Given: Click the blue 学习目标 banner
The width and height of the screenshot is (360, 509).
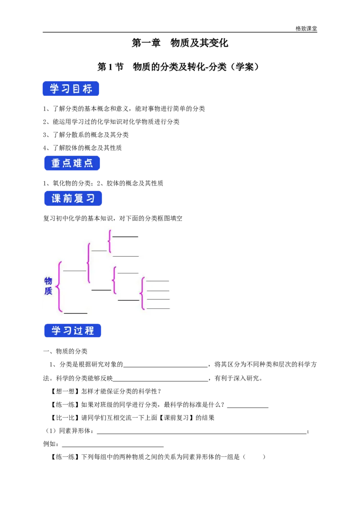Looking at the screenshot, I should point(71,89).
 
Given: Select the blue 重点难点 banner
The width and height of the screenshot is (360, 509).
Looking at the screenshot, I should point(72,163).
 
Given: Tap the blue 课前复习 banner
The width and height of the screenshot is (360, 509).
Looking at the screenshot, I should point(73,199).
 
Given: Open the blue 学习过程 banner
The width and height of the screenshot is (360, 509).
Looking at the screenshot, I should point(73,330).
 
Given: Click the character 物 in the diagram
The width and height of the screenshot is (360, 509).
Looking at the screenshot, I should point(48,281).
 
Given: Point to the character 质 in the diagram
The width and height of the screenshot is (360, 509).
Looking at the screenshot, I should point(48,291).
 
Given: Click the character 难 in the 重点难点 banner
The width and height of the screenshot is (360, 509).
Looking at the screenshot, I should point(78,163).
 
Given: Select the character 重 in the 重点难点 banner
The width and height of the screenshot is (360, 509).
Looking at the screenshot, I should point(56,163).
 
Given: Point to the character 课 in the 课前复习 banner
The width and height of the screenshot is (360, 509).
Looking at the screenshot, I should point(56,199).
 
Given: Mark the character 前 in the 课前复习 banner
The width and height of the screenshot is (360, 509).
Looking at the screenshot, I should point(67,199).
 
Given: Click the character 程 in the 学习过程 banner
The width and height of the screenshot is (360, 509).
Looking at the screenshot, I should point(90,330).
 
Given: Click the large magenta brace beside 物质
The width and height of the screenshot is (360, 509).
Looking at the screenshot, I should point(59,286).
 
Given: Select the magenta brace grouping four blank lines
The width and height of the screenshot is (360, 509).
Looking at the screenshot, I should point(143,294).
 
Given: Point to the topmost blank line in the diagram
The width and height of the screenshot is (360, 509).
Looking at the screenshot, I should point(125,236).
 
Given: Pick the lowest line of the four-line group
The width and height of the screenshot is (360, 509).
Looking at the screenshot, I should point(158,308).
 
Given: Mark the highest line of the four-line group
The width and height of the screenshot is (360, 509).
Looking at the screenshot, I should point(157,281).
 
